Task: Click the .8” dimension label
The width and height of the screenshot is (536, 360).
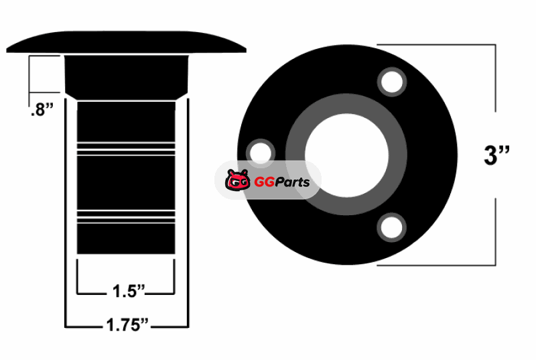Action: tap(42, 110)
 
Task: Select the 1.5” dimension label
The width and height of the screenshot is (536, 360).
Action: tap(129, 291)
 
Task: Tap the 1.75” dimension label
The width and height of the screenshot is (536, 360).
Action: tap(127, 324)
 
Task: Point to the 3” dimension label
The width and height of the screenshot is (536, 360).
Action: tap(496, 155)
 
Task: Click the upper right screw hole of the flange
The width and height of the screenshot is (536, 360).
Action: tap(392, 82)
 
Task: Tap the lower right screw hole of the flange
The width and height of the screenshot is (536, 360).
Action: tap(392, 227)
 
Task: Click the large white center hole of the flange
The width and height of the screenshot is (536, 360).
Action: tap(346, 156)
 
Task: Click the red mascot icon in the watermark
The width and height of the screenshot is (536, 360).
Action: tap(238, 180)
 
